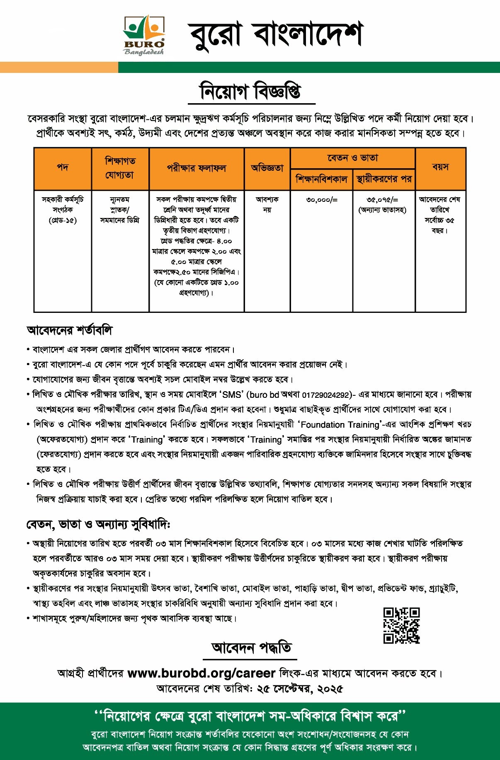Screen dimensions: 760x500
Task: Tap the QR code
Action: tap(401, 625)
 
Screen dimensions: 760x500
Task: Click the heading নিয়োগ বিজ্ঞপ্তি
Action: tap(251, 92)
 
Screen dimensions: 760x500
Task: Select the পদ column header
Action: tap(63, 168)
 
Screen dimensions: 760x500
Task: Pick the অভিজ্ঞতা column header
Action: tap(267, 168)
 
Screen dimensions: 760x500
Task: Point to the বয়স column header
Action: tap(440, 167)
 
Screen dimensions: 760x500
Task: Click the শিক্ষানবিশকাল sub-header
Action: tap(321, 179)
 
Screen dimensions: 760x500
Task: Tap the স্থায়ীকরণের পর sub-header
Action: tap(384, 179)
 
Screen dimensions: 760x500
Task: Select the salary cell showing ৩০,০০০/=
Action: tap(322, 200)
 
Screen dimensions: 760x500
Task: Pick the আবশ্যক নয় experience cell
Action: tap(267, 204)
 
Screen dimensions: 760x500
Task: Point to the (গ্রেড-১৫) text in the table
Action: tap(63, 220)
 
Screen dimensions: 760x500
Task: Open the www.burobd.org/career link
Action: tap(201, 673)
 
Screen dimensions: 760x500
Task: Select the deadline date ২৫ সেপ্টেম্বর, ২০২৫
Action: tap(300, 689)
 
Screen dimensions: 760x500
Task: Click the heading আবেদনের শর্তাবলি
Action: tap(69, 330)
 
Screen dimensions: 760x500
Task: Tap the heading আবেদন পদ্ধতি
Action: tap(251, 647)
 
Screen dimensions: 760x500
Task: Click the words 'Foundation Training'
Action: tap(340, 425)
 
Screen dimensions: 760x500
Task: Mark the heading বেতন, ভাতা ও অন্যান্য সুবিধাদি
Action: tap(98, 525)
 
